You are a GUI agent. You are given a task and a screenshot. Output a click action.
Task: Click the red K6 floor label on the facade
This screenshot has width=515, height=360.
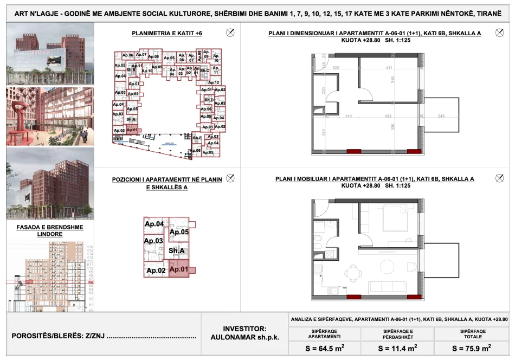click(91, 282)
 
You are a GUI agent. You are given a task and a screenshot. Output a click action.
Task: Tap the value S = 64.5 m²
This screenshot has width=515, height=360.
click(325, 348)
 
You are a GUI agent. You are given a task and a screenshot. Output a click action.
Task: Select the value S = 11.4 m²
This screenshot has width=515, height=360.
click(398, 348)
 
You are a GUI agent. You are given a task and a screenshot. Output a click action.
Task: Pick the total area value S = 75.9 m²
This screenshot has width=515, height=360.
click(471, 348)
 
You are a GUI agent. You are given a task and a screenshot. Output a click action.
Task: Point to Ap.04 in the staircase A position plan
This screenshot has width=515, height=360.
click(154, 224)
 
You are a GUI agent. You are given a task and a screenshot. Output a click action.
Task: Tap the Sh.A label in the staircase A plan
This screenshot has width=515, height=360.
click(177, 250)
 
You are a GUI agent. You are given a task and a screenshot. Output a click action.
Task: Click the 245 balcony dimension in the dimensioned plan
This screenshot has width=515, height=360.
click(441, 116)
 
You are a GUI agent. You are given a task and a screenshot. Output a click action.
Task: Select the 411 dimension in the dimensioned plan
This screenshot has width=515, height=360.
click(389, 68)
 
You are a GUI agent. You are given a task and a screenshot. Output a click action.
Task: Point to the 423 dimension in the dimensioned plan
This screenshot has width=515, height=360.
click(388, 116)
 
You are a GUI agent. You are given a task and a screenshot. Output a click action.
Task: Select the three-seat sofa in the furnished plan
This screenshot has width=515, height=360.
click(389, 287)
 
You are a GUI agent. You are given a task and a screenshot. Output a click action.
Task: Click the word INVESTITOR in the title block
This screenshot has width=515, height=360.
click(244, 329)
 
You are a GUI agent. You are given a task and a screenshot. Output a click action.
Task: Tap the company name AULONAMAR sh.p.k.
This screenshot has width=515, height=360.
click(244, 337)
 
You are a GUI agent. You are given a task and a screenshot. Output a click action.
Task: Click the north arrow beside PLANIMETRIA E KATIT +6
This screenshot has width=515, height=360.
click(230, 33)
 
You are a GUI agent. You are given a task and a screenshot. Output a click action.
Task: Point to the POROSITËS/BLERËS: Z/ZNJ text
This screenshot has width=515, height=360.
click(103, 337)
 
